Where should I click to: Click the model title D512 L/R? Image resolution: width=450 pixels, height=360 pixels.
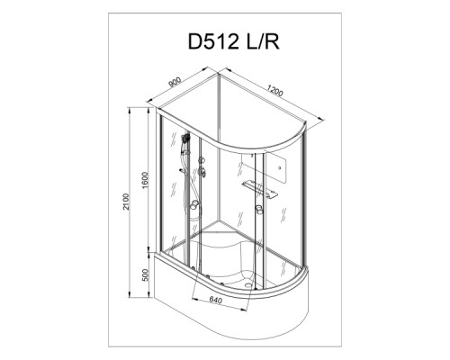point(234,41)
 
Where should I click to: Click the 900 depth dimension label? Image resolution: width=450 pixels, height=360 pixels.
point(175,82)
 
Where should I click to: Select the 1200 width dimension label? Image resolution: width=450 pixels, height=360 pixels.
point(274,91)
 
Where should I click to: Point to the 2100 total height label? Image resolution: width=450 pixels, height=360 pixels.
point(126,202)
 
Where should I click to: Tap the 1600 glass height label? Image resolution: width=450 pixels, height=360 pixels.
point(146,180)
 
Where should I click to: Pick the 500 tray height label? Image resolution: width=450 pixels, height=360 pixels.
point(146,274)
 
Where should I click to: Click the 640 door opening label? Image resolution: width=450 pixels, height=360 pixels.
point(215,300)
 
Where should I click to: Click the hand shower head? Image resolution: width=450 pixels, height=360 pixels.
point(185,139)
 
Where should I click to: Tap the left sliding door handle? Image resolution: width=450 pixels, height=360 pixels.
point(195,205)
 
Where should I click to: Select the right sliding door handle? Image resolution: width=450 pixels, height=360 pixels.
point(259,210)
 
